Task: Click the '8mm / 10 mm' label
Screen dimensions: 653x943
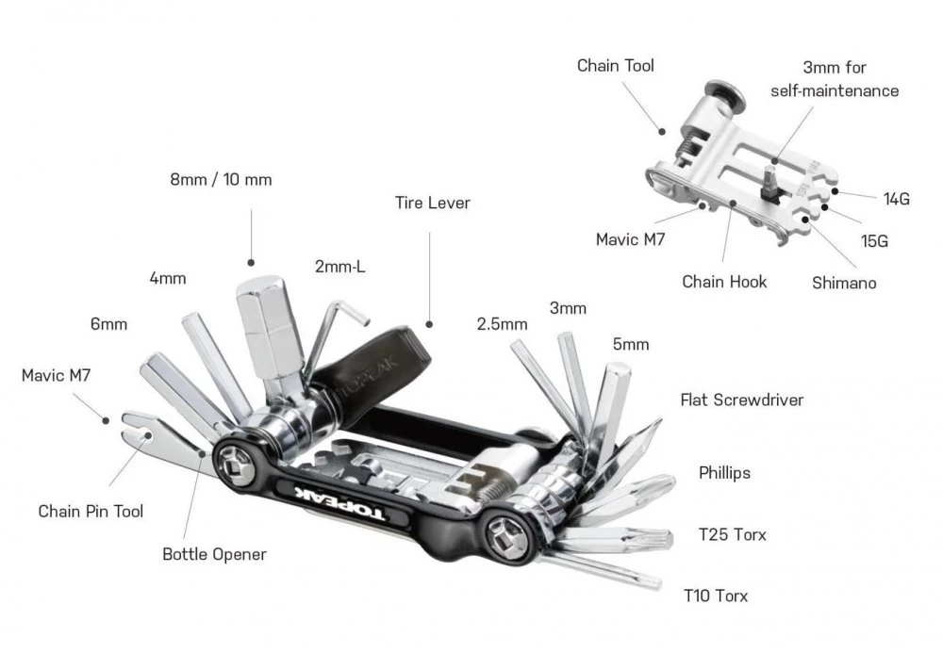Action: (222, 179)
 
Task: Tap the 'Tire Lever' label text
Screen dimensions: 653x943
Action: (433, 203)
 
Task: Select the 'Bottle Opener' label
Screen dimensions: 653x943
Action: (214, 554)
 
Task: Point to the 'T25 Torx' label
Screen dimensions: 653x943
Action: (732, 535)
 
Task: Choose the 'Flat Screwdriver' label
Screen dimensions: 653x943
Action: (741, 400)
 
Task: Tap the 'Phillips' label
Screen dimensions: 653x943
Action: (724, 472)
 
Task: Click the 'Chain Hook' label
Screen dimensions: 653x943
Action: (724, 281)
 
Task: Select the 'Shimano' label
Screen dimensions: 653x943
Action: (844, 283)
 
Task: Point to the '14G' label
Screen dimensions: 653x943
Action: (897, 199)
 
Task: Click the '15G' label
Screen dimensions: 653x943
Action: (874, 240)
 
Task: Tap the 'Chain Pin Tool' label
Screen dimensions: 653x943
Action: (91, 511)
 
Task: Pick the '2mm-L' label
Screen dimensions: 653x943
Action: (339, 267)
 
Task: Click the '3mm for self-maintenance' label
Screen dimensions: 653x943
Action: (834, 79)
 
